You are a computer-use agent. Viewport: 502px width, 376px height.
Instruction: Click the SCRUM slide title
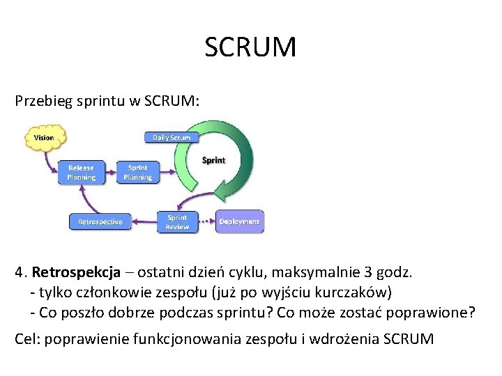click(251, 48)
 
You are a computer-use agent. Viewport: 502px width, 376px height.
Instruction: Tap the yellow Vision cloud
click(44, 137)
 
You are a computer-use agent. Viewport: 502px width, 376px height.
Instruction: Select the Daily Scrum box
click(172, 137)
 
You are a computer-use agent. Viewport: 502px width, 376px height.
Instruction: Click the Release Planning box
click(81, 172)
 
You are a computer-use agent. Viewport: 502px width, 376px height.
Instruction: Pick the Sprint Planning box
click(137, 172)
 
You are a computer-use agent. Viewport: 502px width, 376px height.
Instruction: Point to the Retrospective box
click(100, 222)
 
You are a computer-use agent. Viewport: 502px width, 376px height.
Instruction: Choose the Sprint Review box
click(176, 222)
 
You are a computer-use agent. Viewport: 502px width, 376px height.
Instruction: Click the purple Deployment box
click(239, 221)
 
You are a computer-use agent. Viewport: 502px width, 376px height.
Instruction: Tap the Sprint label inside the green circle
click(213, 160)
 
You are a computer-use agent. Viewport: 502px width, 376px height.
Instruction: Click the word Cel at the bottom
click(25, 339)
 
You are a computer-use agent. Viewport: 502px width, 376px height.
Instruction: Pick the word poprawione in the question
click(436, 312)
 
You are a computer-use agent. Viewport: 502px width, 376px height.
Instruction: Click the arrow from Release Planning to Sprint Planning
click(109, 173)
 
